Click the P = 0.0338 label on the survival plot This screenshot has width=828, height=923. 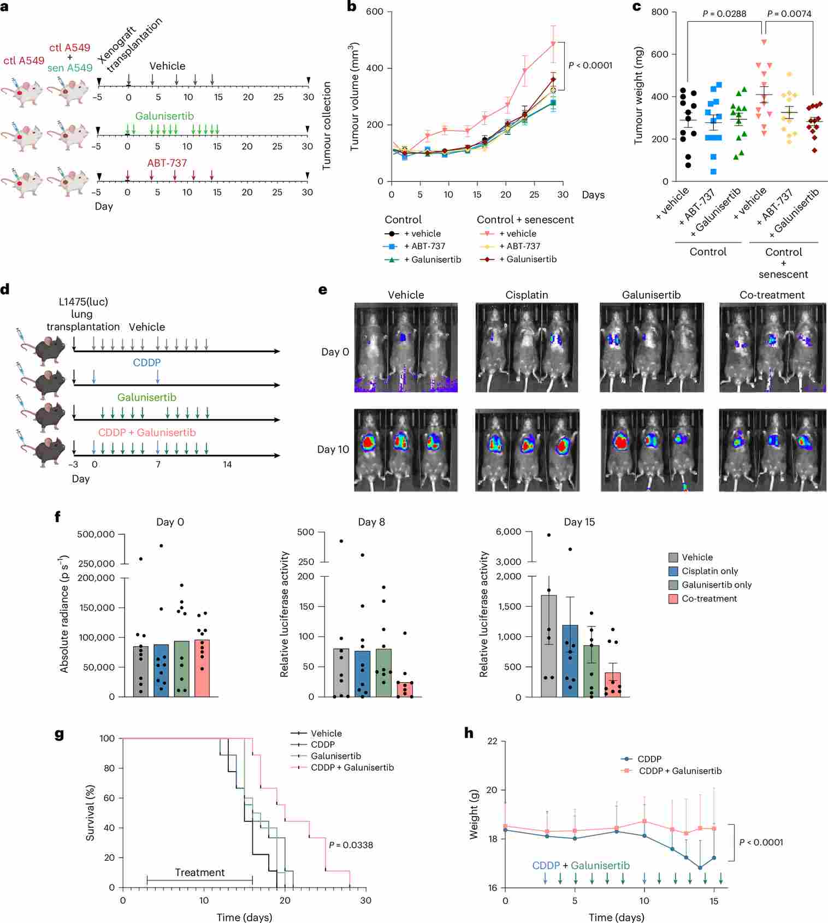click(x=351, y=845)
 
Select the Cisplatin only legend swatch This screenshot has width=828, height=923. click(x=673, y=571)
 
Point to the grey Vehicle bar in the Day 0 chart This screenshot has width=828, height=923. click(x=141, y=672)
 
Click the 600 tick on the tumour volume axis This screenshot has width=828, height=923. click(x=374, y=11)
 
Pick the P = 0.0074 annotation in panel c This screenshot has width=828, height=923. click(x=789, y=14)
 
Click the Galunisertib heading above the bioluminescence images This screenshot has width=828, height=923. click(x=651, y=295)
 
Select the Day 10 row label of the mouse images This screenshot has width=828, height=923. click(x=333, y=449)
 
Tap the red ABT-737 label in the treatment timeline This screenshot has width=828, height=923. click(x=167, y=163)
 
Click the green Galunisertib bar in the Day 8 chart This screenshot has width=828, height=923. click(x=383, y=673)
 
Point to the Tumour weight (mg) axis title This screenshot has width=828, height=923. click(x=638, y=96)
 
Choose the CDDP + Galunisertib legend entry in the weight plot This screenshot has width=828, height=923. click(x=680, y=771)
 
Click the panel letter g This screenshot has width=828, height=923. click(x=59, y=733)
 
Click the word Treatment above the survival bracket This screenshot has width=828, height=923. click(x=199, y=872)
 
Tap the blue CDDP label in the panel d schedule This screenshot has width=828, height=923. click(x=147, y=363)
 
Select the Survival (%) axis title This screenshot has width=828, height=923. click(x=90, y=813)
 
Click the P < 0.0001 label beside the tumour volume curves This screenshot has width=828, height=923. click(x=590, y=66)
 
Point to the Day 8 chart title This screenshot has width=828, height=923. click(x=371, y=522)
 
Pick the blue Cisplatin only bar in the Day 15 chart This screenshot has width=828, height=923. click(x=570, y=661)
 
